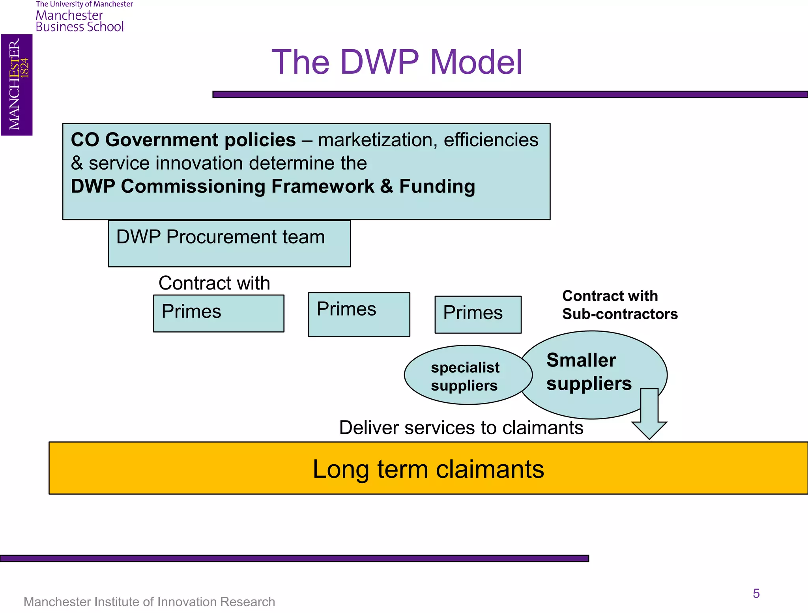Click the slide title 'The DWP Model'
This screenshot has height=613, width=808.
[397, 62]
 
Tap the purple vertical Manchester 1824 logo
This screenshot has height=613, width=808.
[17, 85]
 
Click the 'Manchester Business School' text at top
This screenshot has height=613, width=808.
[80, 21]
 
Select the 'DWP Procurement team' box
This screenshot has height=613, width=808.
[229, 243]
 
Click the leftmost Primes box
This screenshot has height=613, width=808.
[219, 313]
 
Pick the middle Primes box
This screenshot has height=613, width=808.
[359, 314]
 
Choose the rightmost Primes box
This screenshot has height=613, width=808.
[478, 314]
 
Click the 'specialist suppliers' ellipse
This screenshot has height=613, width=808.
[466, 376]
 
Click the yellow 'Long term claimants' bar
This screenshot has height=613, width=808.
[428, 468]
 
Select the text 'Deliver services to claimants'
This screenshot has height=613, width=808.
[461, 428]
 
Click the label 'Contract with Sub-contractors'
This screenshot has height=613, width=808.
[619, 305]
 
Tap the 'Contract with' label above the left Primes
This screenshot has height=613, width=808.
[214, 283]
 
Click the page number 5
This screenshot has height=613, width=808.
[756, 593]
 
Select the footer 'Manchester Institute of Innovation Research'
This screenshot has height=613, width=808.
[149, 602]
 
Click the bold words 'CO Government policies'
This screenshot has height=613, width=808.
[183, 140]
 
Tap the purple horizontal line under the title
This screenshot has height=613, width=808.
[509, 95]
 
